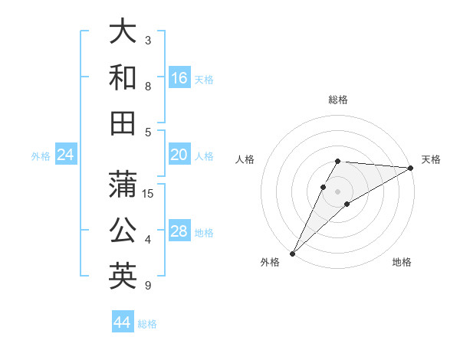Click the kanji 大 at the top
click(x=123, y=31)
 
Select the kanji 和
click(x=123, y=77)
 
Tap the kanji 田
click(x=123, y=123)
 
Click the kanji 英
click(x=123, y=277)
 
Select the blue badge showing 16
click(x=179, y=78)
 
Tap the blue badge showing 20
click(x=179, y=155)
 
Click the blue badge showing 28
click(x=179, y=232)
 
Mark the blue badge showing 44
click(x=123, y=322)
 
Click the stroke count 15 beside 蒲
click(x=148, y=193)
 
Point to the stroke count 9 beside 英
click(x=148, y=286)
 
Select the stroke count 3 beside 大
click(x=148, y=40)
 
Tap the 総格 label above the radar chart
click(x=337, y=100)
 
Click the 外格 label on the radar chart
click(x=270, y=262)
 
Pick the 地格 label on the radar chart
click(x=402, y=262)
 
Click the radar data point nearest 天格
click(x=411, y=168)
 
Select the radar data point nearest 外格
click(x=292, y=254)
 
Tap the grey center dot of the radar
click(x=337, y=191)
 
